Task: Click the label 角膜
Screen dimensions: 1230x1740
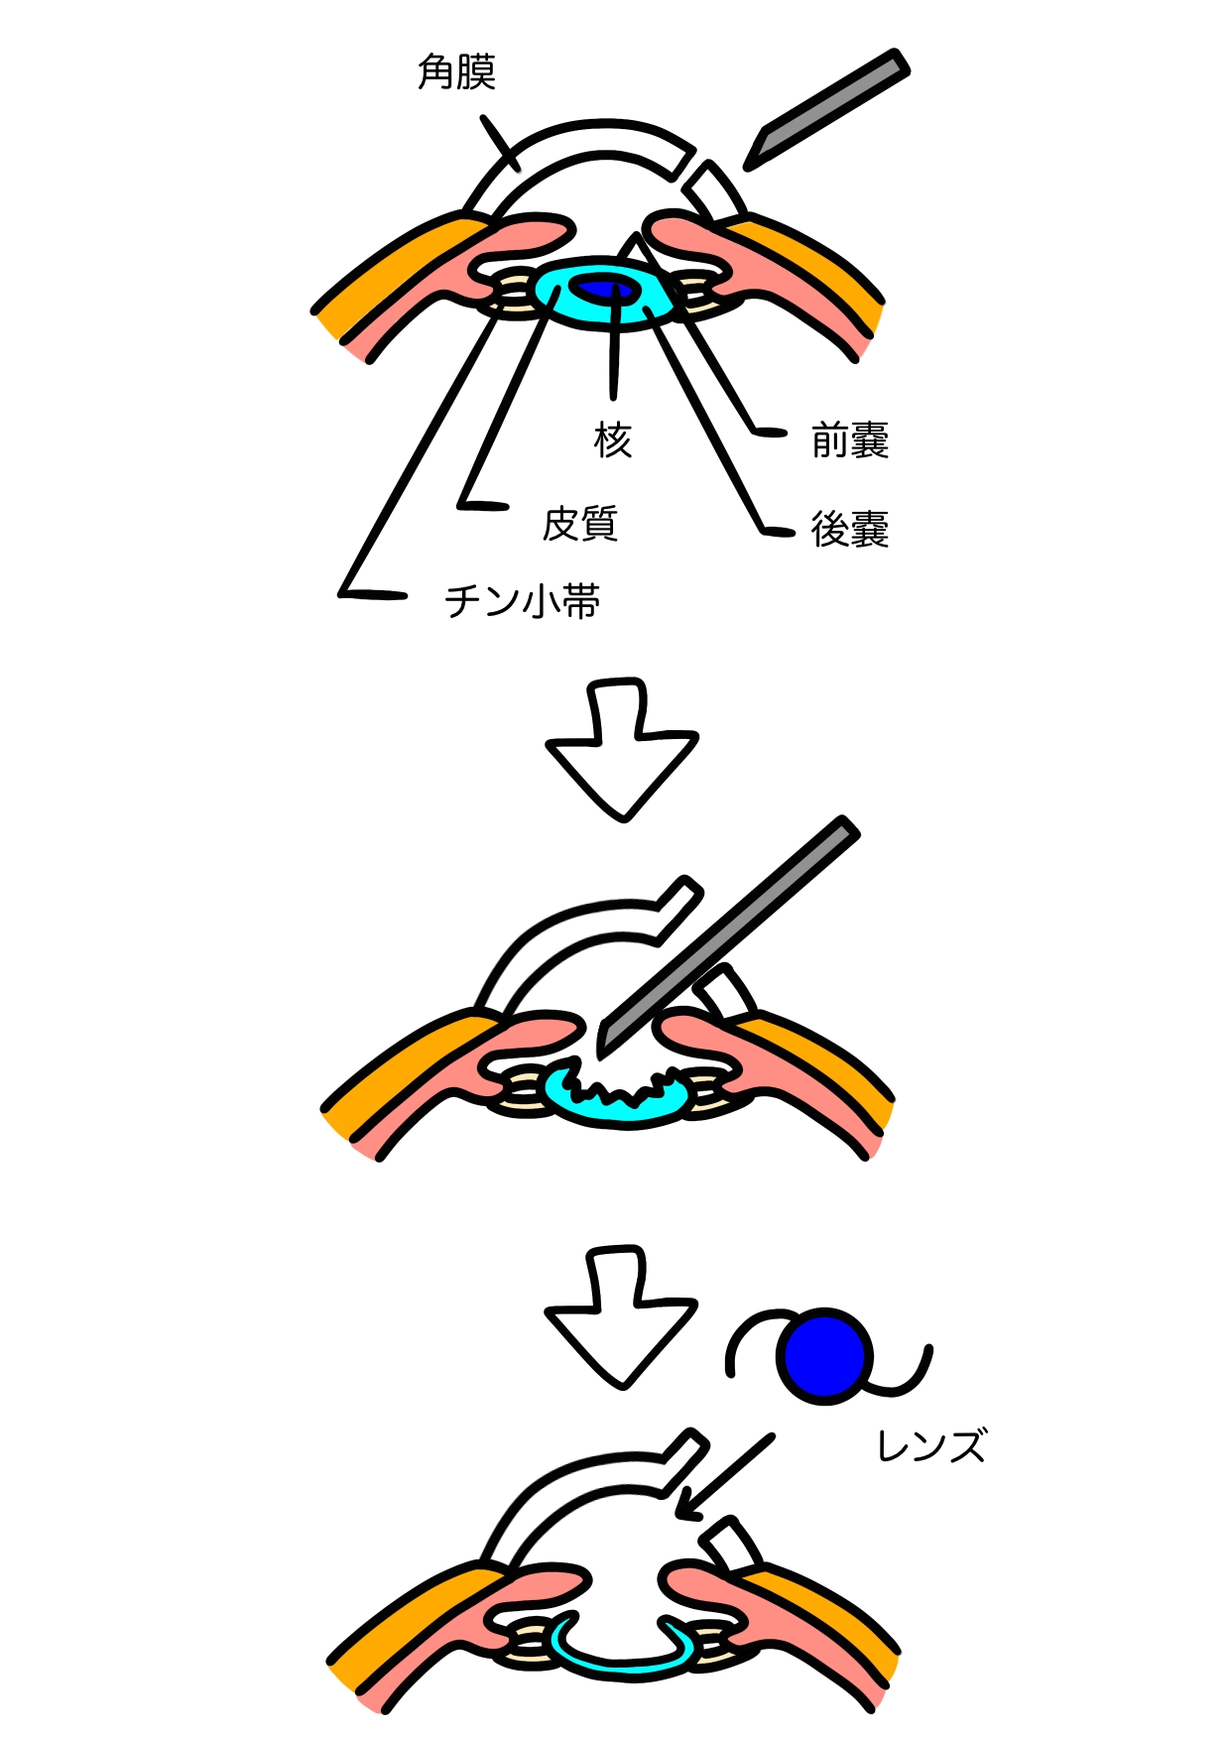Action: [456, 72]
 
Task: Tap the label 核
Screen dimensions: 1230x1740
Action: [613, 438]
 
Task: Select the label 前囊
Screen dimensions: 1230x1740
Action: [850, 440]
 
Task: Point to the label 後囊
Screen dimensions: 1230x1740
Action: [850, 529]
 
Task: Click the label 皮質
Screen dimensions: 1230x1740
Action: [580, 524]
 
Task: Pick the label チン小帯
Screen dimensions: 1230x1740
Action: [523, 601]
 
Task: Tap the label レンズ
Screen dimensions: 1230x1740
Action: [931, 1446]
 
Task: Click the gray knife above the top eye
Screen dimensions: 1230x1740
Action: [826, 108]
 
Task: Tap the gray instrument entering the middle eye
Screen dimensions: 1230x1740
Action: [727, 937]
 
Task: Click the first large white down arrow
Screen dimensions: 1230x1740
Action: [622, 749]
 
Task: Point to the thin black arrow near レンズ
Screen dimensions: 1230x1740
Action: [724, 1476]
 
